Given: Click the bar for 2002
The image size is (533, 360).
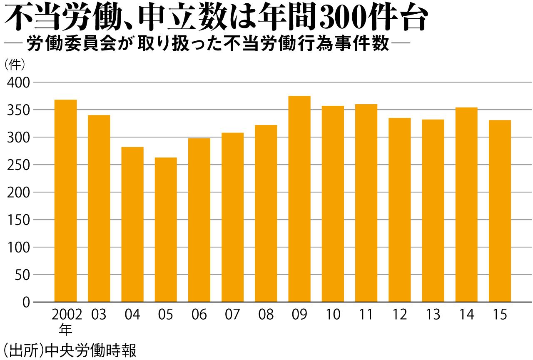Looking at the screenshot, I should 66,201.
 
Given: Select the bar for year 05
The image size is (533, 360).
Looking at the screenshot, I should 166,230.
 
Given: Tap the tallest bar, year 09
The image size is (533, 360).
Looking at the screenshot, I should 299,199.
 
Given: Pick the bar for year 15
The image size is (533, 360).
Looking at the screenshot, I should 500,211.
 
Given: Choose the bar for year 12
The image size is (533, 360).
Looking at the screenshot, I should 400,210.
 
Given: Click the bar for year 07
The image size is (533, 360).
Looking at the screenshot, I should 232,217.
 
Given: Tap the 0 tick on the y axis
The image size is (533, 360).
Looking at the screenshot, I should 26,302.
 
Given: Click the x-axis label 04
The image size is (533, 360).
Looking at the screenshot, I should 132,315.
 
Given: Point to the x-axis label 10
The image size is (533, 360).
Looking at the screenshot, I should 333,315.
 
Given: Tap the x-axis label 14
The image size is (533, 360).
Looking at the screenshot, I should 466,315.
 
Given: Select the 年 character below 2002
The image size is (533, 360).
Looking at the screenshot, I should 65,330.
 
